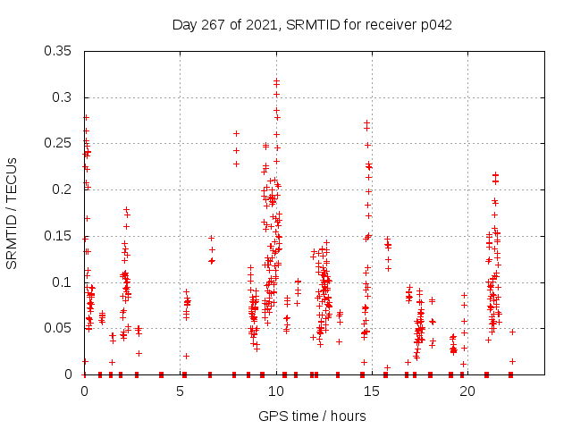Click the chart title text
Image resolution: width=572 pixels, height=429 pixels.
312,25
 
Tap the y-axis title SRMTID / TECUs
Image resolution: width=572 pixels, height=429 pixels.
12,213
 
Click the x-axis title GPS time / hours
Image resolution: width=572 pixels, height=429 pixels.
312,416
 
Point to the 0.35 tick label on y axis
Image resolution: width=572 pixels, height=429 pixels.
59,51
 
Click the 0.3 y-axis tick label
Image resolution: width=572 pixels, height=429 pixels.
63,97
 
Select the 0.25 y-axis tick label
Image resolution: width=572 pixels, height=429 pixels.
59,143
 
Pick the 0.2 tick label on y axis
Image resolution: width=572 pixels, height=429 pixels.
63,189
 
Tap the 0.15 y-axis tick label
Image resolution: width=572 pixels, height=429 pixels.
59,236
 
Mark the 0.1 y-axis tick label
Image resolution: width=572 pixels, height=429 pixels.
63,282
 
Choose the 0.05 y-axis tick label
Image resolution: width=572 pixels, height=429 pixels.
59,328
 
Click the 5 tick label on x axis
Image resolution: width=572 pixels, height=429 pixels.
180,391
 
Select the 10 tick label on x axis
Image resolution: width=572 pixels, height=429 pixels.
276,391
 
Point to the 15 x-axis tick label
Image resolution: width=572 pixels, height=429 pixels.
372,391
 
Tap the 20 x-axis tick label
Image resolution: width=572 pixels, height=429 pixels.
467,391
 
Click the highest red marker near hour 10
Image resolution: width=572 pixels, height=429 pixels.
277,81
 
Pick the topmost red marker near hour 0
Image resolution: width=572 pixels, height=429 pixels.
86,117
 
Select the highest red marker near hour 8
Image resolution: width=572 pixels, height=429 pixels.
236,133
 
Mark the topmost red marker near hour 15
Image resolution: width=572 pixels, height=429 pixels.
367,122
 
